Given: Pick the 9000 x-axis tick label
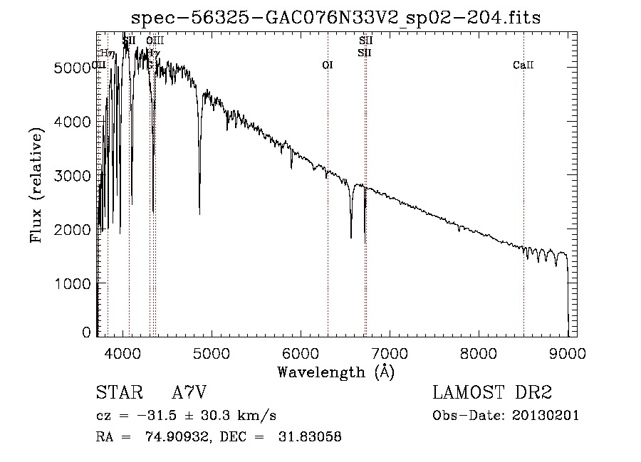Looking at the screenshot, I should [x=568, y=352].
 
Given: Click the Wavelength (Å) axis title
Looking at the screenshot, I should [x=335, y=371].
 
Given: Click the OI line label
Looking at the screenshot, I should [x=328, y=65].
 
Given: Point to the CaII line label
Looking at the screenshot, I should [x=523, y=65].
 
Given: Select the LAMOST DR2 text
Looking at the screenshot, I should [x=492, y=393].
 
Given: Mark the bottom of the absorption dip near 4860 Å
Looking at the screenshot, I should [x=199, y=213].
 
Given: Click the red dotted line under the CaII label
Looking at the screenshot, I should [x=523, y=214].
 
